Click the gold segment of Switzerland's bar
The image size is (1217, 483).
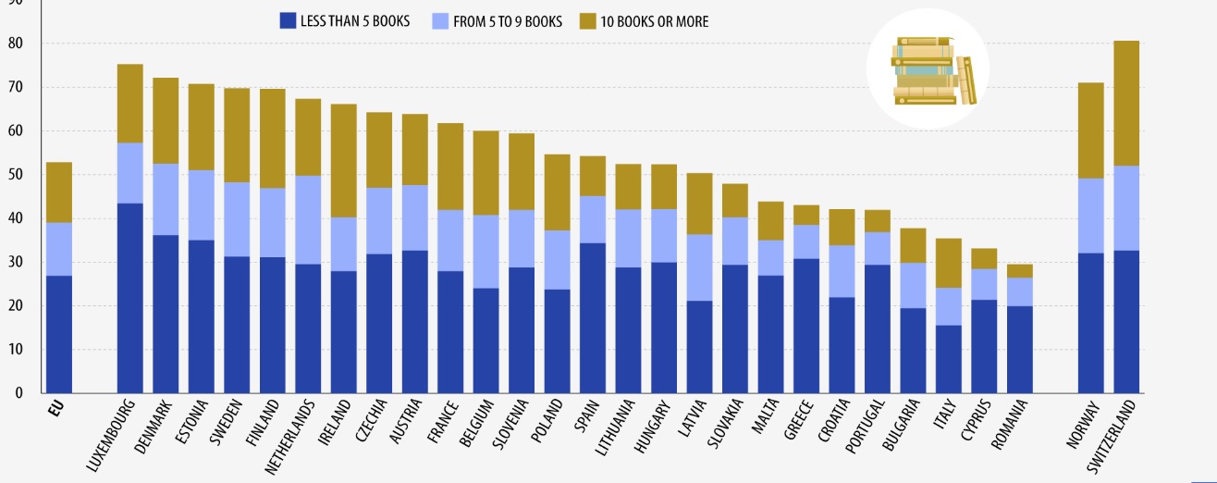pyautogui.click(x=1126, y=104)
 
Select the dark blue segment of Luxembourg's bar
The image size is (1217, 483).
pyautogui.click(x=129, y=298)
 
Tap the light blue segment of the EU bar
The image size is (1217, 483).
pyautogui.click(x=58, y=250)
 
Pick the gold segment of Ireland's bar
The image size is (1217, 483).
pyautogui.click(x=343, y=161)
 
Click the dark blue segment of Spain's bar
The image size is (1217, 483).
pyautogui.click(x=592, y=317)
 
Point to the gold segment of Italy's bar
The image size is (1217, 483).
pyautogui.click(x=949, y=263)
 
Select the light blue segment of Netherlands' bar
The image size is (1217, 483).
pyautogui.click(x=308, y=220)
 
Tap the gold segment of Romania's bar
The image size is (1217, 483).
pyautogui.click(x=1020, y=271)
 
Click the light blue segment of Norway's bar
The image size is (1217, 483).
pyautogui.click(x=1091, y=216)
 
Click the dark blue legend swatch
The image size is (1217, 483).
pyautogui.click(x=288, y=21)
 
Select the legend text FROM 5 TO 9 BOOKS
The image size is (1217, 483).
pyautogui.click(x=508, y=21)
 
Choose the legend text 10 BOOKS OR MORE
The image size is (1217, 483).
pyautogui.click(x=654, y=21)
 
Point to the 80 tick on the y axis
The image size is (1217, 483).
pyautogui.click(x=15, y=43)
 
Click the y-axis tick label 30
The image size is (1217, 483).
pyautogui.click(x=15, y=262)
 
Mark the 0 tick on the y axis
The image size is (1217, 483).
pyautogui.click(x=19, y=393)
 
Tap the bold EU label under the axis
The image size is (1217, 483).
pyautogui.click(x=56, y=409)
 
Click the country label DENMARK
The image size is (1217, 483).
pyautogui.click(x=153, y=427)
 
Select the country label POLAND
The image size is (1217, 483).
pyautogui.click(x=547, y=421)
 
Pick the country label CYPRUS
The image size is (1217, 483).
pyautogui.click(x=976, y=420)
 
